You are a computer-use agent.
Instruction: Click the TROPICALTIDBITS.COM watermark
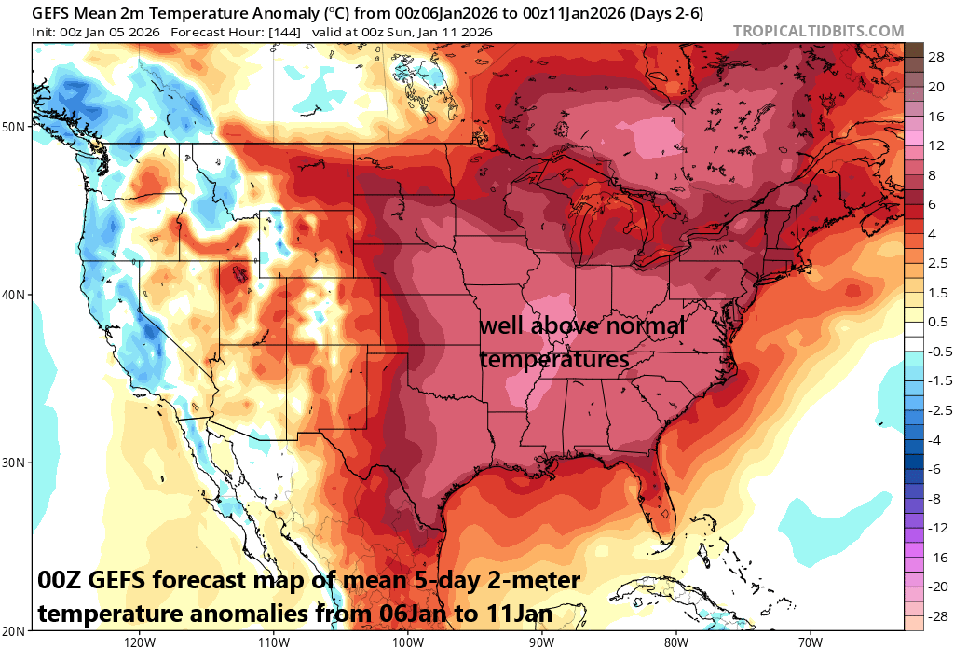click(818, 31)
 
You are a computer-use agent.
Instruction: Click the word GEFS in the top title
click(52, 12)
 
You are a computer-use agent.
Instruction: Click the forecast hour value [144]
click(284, 32)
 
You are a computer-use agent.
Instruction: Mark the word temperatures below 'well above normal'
click(554, 358)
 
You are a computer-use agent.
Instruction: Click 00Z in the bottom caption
click(62, 581)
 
